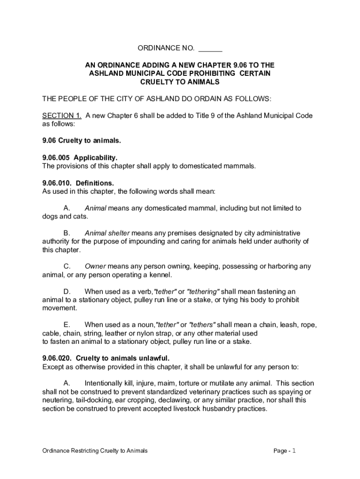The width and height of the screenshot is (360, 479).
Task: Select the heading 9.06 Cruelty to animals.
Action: click(81, 140)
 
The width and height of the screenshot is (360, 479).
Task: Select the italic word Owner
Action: click(95, 266)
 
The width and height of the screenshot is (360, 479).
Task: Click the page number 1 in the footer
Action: click(294, 450)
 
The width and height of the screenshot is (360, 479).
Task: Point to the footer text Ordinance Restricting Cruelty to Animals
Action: click(95, 451)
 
